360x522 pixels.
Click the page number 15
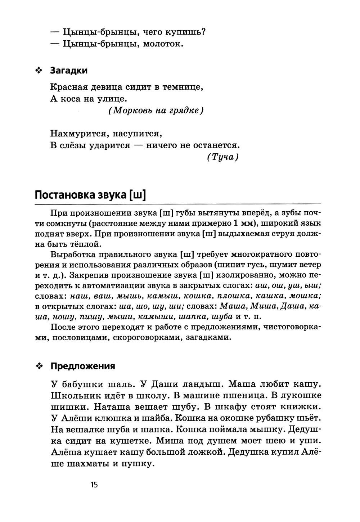pyautogui.click(x=94, y=485)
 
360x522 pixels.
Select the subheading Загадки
pyautogui.click(x=69, y=70)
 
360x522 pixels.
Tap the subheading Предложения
pyautogui.click(x=83, y=366)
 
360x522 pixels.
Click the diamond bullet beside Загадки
pyautogui.click(x=39, y=71)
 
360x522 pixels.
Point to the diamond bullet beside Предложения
pyautogui.click(x=39, y=366)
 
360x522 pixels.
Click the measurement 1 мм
pyautogui.click(x=244, y=223)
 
